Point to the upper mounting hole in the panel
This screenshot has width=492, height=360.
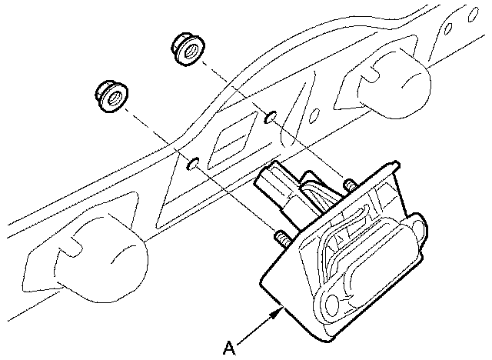pyautogui.click(x=268, y=117)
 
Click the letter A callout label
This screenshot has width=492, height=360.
pyautogui.click(x=228, y=348)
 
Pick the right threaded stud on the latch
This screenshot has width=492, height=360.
pyautogui.click(x=351, y=185)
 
